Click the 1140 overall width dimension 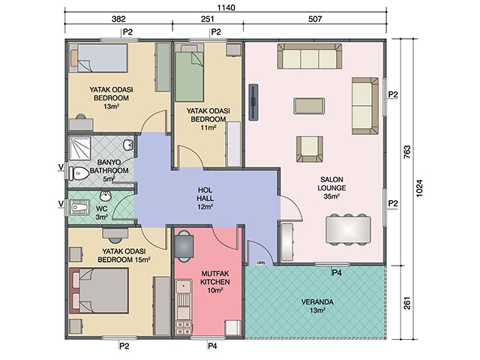coord(226,7)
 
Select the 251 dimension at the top coord(208,19)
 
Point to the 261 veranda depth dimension coord(406,302)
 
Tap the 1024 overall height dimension coord(419,188)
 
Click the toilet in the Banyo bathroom coord(78,173)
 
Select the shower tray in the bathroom coord(80,148)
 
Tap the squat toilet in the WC coord(79,208)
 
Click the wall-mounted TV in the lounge coord(253,102)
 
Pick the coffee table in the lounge coord(309,106)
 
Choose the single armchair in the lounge coord(309,149)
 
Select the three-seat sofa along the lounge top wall coord(310,56)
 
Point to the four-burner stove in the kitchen coord(183,328)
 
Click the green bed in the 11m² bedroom coord(190,73)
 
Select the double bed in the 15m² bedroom coord(98,290)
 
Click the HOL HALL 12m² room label coord(205,198)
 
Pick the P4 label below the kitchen coord(212,346)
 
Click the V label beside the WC coord(61,204)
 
